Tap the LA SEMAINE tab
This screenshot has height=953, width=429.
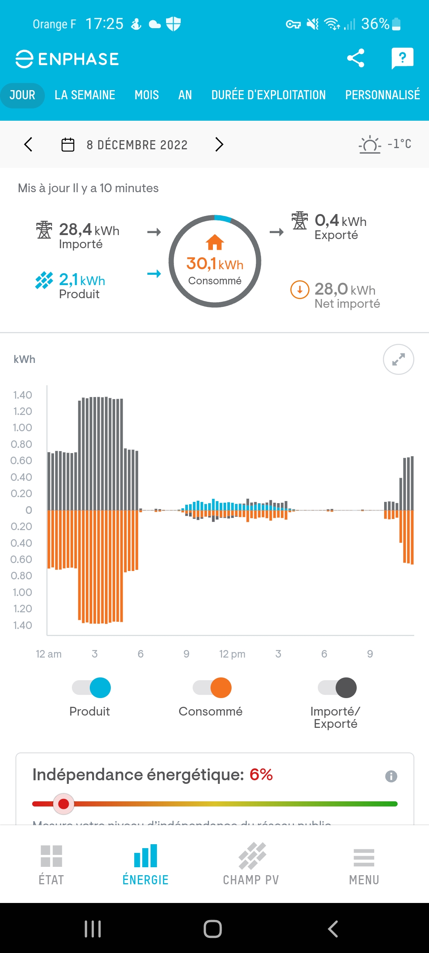click(x=85, y=95)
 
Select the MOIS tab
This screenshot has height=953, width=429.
click(x=147, y=95)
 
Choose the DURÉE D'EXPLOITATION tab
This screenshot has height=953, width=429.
click(x=269, y=95)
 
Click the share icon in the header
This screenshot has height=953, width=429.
click(x=356, y=58)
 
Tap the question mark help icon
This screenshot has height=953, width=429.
click(x=402, y=58)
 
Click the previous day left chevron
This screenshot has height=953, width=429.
click(x=28, y=145)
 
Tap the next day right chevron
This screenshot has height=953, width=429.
click(x=219, y=145)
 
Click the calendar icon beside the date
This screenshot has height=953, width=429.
click(x=68, y=145)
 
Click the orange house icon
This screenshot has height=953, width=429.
click(x=215, y=242)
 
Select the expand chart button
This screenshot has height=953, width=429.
click(x=398, y=359)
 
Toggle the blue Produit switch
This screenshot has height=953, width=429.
click(x=92, y=688)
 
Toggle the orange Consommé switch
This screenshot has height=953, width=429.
click(x=212, y=688)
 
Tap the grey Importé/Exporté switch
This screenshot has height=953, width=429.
click(x=337, y=688)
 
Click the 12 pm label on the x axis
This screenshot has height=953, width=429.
click(x=232, y=654)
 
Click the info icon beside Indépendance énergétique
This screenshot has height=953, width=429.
click(x=391, y=776)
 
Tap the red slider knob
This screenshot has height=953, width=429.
click(x=64, y=804)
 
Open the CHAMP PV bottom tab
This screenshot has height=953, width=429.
click(x=251, y=864)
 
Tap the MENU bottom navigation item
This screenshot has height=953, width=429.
click(x=364, y=864)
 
